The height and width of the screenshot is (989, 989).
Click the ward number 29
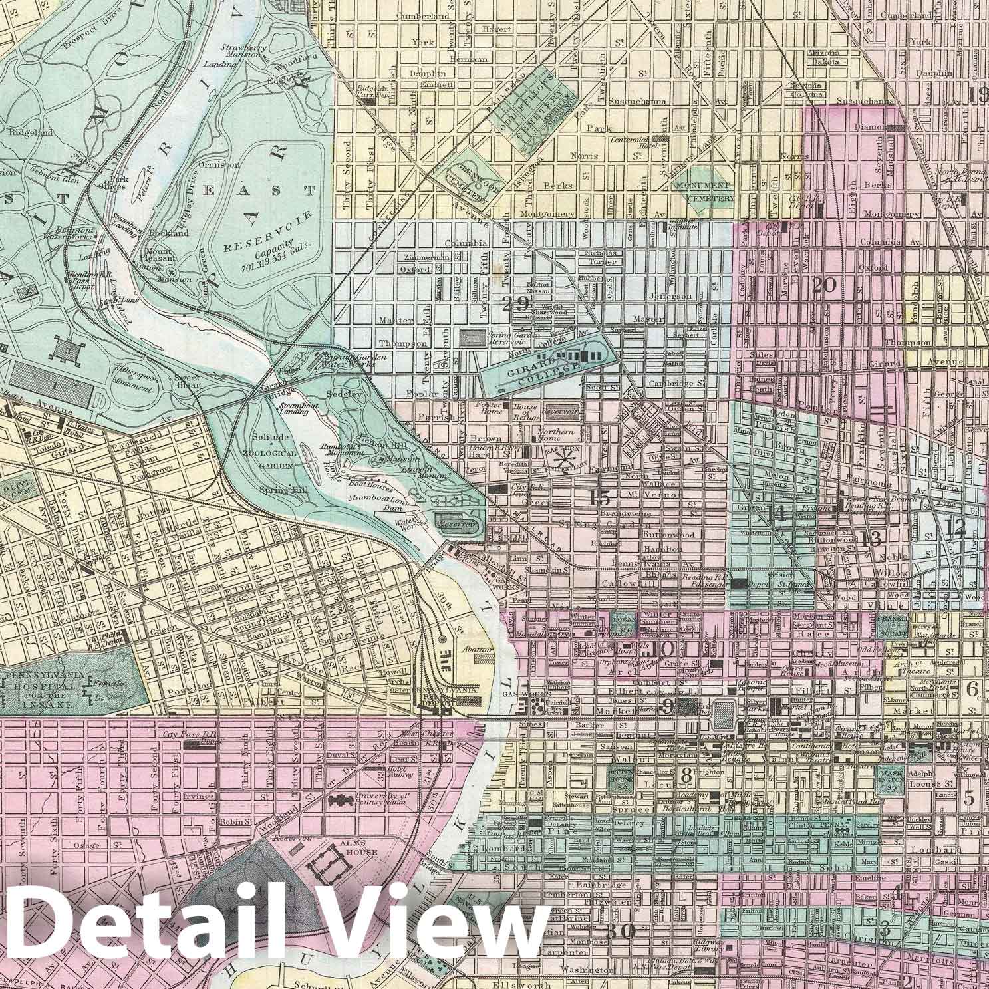click(x=516, y=304)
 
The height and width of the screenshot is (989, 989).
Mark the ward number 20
click(x=824, y=285)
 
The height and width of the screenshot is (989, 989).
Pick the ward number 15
click(x=599, y=497)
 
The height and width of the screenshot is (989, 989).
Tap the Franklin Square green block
click(x=893, y=626)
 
